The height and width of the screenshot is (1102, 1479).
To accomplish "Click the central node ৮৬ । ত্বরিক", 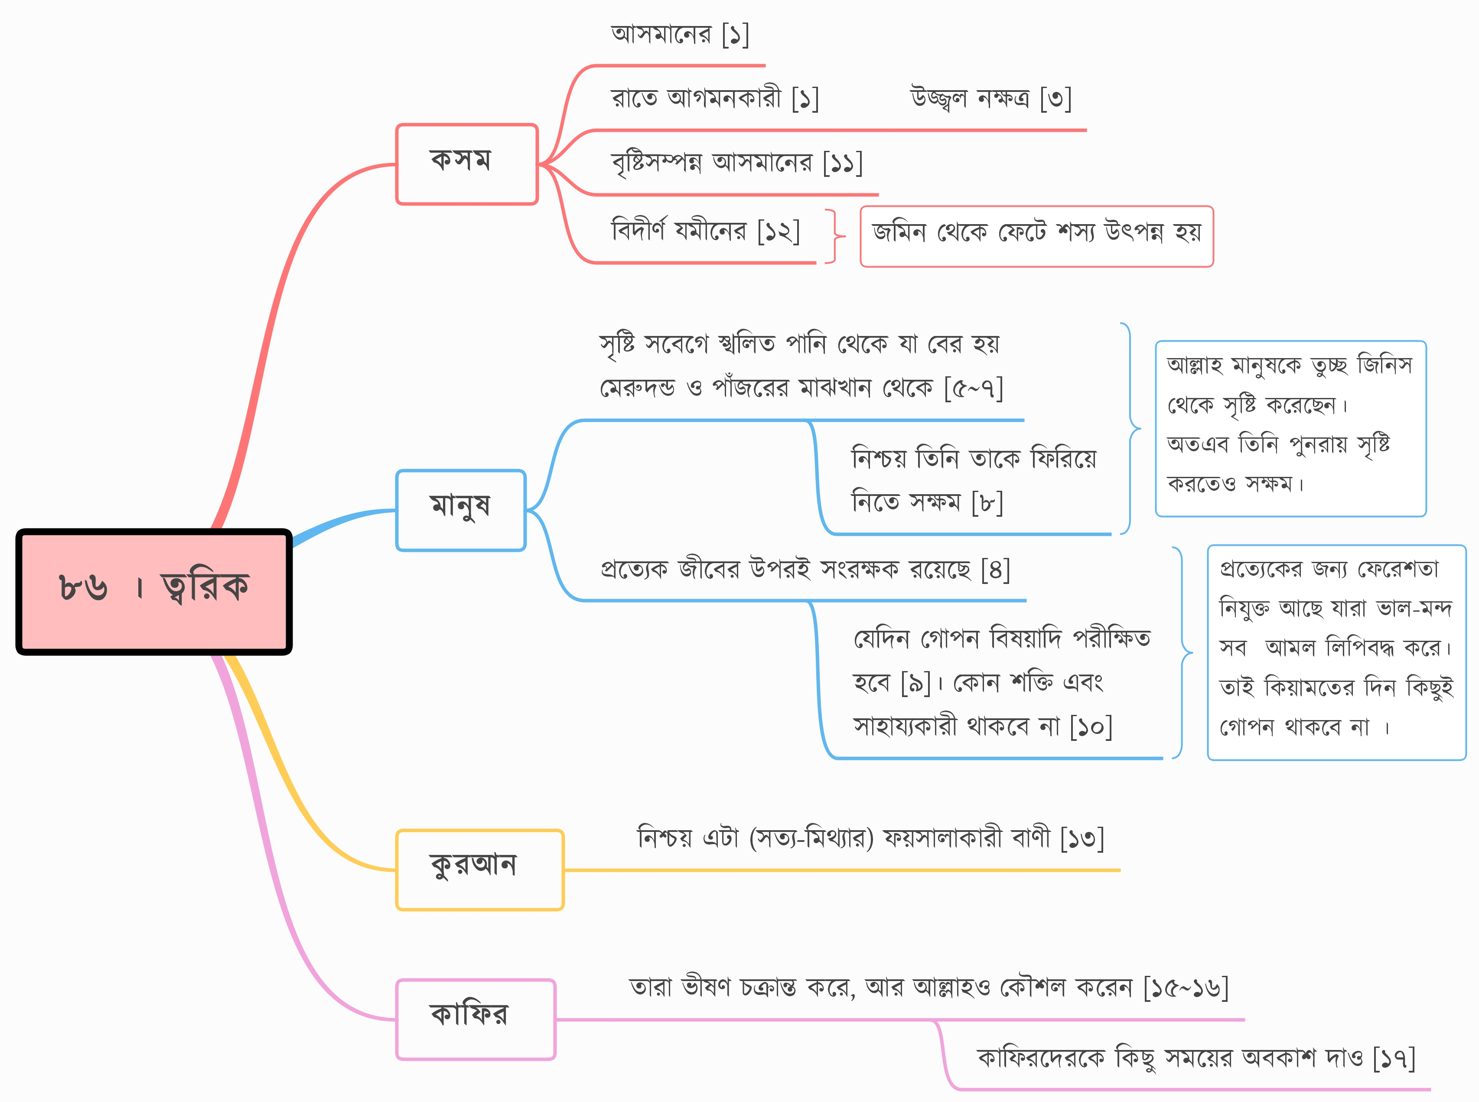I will coord(154,592).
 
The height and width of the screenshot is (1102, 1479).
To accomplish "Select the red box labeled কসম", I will coord(467,164).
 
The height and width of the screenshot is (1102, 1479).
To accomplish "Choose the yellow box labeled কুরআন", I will coord(479,870).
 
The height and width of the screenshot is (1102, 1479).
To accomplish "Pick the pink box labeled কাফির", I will coord(476,1019).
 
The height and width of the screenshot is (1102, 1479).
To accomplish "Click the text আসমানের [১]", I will coord(680,34).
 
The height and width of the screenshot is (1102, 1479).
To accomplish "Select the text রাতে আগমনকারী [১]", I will coord(715,99).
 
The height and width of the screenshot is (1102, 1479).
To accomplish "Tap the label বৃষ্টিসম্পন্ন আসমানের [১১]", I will coord(737,163).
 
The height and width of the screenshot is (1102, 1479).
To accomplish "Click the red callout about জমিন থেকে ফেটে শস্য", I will coord(1036,236).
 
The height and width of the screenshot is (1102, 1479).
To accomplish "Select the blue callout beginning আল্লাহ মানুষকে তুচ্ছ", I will coord(1290,428).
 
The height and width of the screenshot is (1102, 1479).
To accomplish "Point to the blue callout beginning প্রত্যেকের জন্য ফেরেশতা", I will coord(1336,652).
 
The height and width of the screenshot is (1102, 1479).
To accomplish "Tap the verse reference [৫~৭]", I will coord(974,388).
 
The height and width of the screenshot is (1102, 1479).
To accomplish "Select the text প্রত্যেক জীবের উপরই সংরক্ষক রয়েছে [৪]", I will coord(805,569).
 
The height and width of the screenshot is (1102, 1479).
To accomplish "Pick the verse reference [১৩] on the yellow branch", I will coord(1082,838).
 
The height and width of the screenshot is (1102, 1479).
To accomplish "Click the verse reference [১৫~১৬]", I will coord(1186,987).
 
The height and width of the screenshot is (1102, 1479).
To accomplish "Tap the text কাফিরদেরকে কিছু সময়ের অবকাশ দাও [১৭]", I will coord(1196,1058).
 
